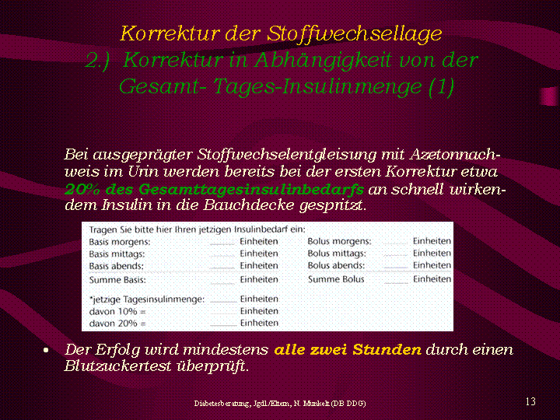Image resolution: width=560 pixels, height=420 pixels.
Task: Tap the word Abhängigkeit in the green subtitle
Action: (x=324, y=61)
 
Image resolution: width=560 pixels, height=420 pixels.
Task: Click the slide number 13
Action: (x=530, y=402)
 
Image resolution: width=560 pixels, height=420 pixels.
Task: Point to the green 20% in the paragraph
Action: (x=82, y=189)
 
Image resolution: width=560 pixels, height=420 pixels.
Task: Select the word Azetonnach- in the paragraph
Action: (x=455, y=155)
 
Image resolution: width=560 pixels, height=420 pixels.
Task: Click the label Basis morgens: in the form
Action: (x=120, y=242)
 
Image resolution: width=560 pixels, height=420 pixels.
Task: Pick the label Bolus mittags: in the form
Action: (x=337, y=254)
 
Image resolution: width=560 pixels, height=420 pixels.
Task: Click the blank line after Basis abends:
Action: (x=222, y=268)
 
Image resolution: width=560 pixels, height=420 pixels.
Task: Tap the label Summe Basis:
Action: (x=117, y=280)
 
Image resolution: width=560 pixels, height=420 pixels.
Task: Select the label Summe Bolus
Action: (x=336, y=279)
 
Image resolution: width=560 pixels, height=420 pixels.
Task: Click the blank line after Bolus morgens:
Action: (x=395, y=243)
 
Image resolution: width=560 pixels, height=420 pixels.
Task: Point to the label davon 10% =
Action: (x=117, y=311)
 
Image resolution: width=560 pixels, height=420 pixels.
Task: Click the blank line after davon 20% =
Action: (x=223, y=325)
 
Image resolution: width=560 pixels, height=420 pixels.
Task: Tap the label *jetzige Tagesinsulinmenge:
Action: (x=147, y=299)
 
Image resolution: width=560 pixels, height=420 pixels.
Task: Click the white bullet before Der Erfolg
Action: (x=46, y=350)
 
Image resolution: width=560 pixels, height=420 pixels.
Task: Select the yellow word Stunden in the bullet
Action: (x=387, y=349)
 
